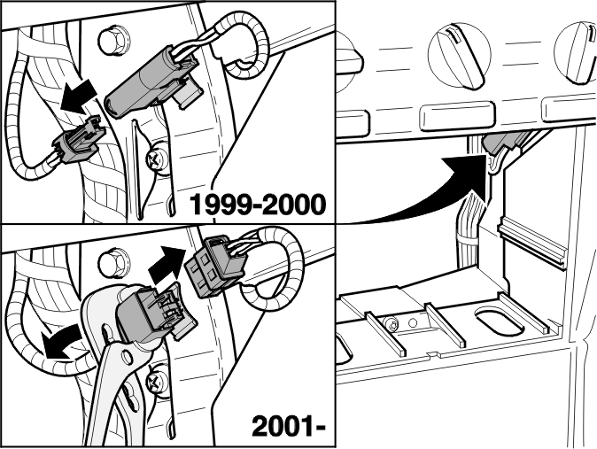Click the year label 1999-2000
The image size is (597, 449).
[x=258, y=204]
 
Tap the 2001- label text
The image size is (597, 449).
[x=289, y=426]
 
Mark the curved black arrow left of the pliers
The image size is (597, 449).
[x=61, y=343]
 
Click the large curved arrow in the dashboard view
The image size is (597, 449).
[x=434, y=190]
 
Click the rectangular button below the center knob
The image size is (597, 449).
[x=457, y=115]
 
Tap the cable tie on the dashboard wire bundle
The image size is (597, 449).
[x=468, y=239]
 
